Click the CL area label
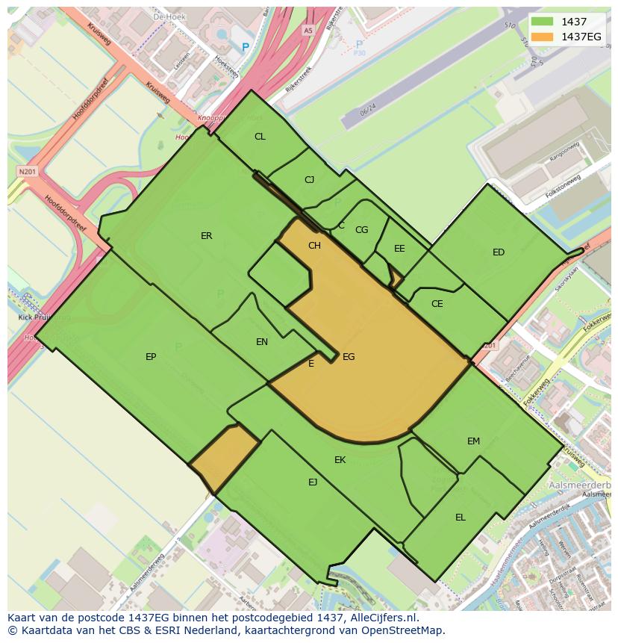(260, 137)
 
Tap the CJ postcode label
(310, 180)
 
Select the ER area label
(207, 236)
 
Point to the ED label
(499, 252)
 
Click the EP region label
(151, 357)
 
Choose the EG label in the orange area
(349, 357)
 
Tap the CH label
(314, 246)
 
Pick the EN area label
(262, 342)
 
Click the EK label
(340, 460)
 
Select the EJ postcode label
(313, 482)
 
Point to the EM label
(473, 441)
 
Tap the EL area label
(461, 518)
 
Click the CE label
(437, 304)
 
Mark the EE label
(399, 249)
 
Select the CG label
(361, 230)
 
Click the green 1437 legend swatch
(543, 22)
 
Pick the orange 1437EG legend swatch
(543, 37)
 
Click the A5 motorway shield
(308, 31)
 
